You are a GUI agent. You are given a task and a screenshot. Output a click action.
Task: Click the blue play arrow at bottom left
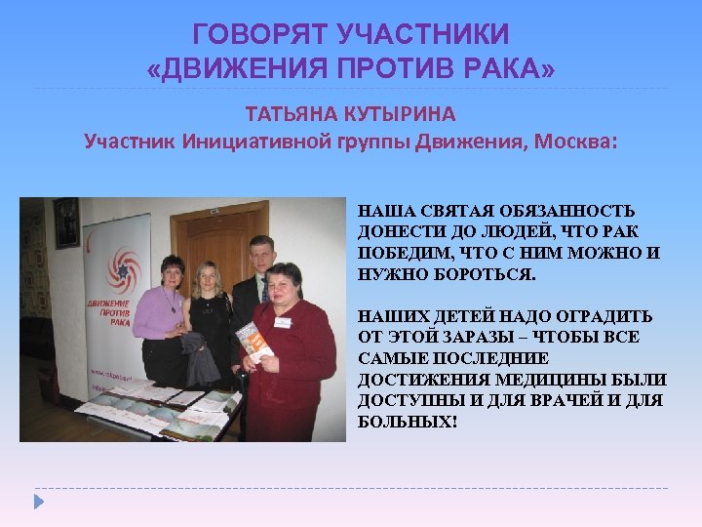point(39,503)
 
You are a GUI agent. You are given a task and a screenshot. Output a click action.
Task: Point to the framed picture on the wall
point(65,223)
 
